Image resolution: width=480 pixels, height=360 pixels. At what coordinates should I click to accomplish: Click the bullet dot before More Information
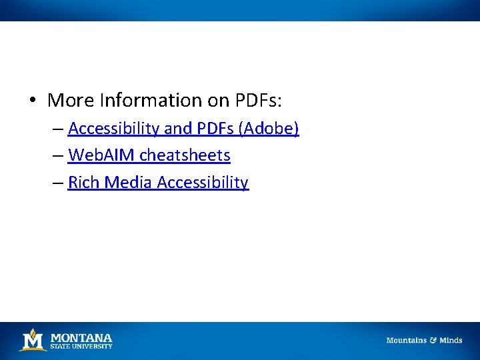pos(31,101)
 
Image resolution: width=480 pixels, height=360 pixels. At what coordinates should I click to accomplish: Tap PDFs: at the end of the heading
pos(259,101)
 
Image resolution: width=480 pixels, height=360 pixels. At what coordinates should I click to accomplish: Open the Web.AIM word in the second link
pos(102,155)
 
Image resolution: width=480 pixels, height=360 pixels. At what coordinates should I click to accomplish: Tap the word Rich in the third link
pos(83,183)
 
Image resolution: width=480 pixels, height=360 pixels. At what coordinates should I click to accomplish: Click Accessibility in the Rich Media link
pos(203,183)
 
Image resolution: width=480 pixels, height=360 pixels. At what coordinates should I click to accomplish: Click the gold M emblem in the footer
pos(32,340)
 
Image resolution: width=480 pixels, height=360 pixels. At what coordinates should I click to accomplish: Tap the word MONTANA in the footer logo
pos(81,337)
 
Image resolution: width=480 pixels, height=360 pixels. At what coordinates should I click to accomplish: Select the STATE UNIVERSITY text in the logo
pos(81,346)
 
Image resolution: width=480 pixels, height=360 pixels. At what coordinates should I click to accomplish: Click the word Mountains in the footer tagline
pos(406,340)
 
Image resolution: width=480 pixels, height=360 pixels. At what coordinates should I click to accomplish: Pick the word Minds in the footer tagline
pos(451,340)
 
